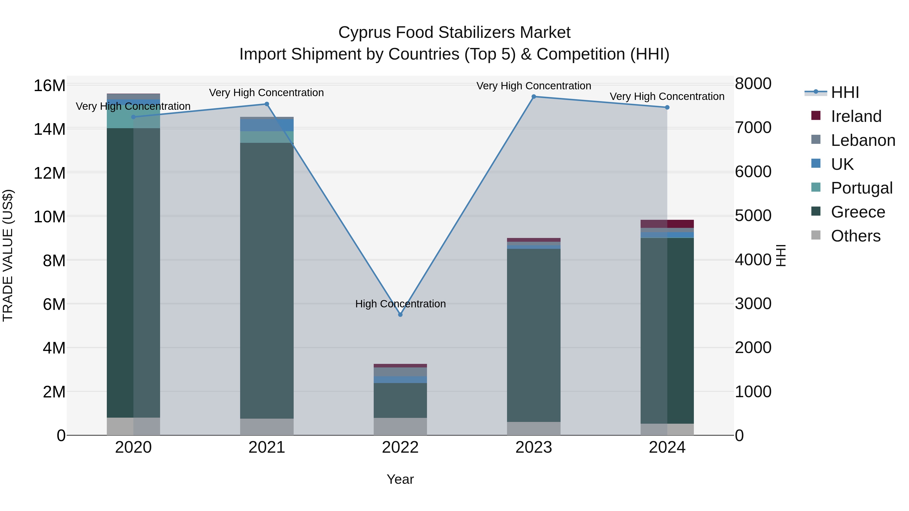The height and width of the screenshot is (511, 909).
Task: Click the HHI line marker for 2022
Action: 400,315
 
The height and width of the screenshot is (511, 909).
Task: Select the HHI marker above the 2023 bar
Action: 534,97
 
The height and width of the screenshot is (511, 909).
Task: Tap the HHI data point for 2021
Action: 267,104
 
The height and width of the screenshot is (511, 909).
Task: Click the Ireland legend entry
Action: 856,116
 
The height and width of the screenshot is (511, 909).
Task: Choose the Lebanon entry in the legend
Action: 863,140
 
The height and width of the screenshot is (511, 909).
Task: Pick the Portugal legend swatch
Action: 816,187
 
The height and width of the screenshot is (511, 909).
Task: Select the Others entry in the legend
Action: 855,236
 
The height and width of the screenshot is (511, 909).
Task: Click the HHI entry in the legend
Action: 845,92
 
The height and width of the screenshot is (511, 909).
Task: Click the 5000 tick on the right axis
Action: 753,216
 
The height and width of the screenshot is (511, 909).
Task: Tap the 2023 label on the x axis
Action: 534,447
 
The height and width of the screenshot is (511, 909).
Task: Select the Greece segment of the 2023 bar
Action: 534,335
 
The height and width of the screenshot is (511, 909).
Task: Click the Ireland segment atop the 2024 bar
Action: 667,224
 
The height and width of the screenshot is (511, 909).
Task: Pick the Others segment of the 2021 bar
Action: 267,427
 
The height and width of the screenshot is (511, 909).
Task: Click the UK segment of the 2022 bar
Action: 400,380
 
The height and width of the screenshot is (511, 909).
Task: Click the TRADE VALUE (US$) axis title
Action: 8,255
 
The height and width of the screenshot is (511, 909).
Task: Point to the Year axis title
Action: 400,479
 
